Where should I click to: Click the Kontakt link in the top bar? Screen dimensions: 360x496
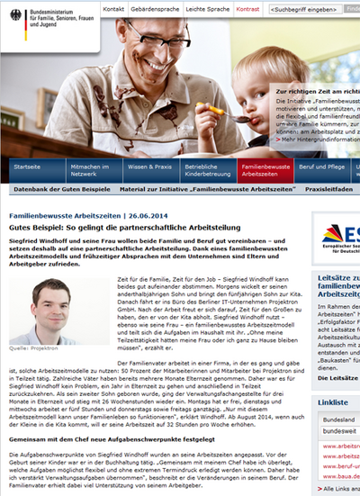114,8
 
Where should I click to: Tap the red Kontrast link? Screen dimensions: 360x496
247,8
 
